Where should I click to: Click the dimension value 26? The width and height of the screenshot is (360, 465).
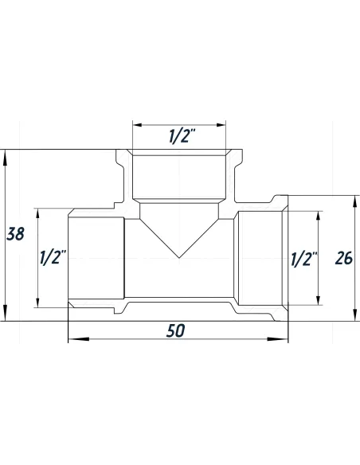click(343, 258)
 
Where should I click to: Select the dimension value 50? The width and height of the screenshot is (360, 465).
click(176, 330)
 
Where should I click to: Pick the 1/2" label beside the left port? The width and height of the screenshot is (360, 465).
click(53, 258)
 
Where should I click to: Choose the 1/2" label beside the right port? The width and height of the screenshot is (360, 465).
click(304, 258)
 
